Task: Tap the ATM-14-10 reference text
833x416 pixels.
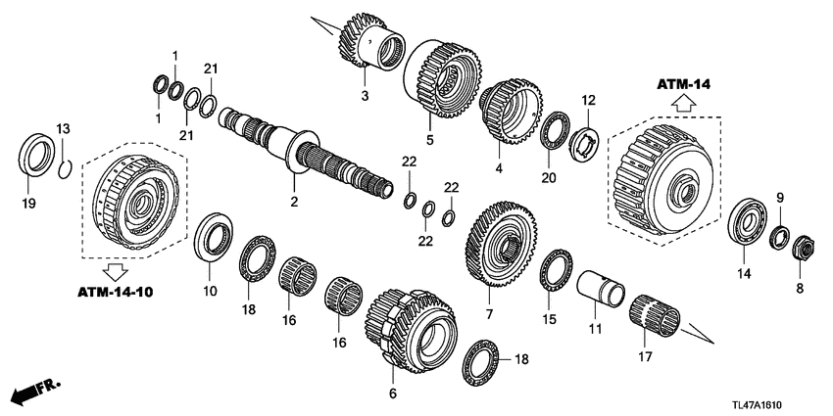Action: (116, 292)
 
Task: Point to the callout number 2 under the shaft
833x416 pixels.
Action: (293, 204)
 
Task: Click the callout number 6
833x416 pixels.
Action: (392, 393)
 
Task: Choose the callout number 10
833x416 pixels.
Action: (210, 290)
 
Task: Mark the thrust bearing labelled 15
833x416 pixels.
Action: (557, 269)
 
